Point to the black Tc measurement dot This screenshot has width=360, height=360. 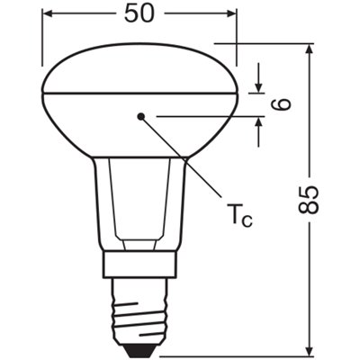click(140, 116)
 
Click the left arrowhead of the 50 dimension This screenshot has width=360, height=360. click(48, 15)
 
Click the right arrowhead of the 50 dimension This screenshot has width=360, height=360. click(231, 15)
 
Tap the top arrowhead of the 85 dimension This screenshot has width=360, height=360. click(309, 48)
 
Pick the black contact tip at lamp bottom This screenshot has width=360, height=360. click(139, 346)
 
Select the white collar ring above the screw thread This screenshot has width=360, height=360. click(139, 263)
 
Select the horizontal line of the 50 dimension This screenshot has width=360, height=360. click(90, 15)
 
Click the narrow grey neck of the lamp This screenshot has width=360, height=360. click(139, 207)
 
